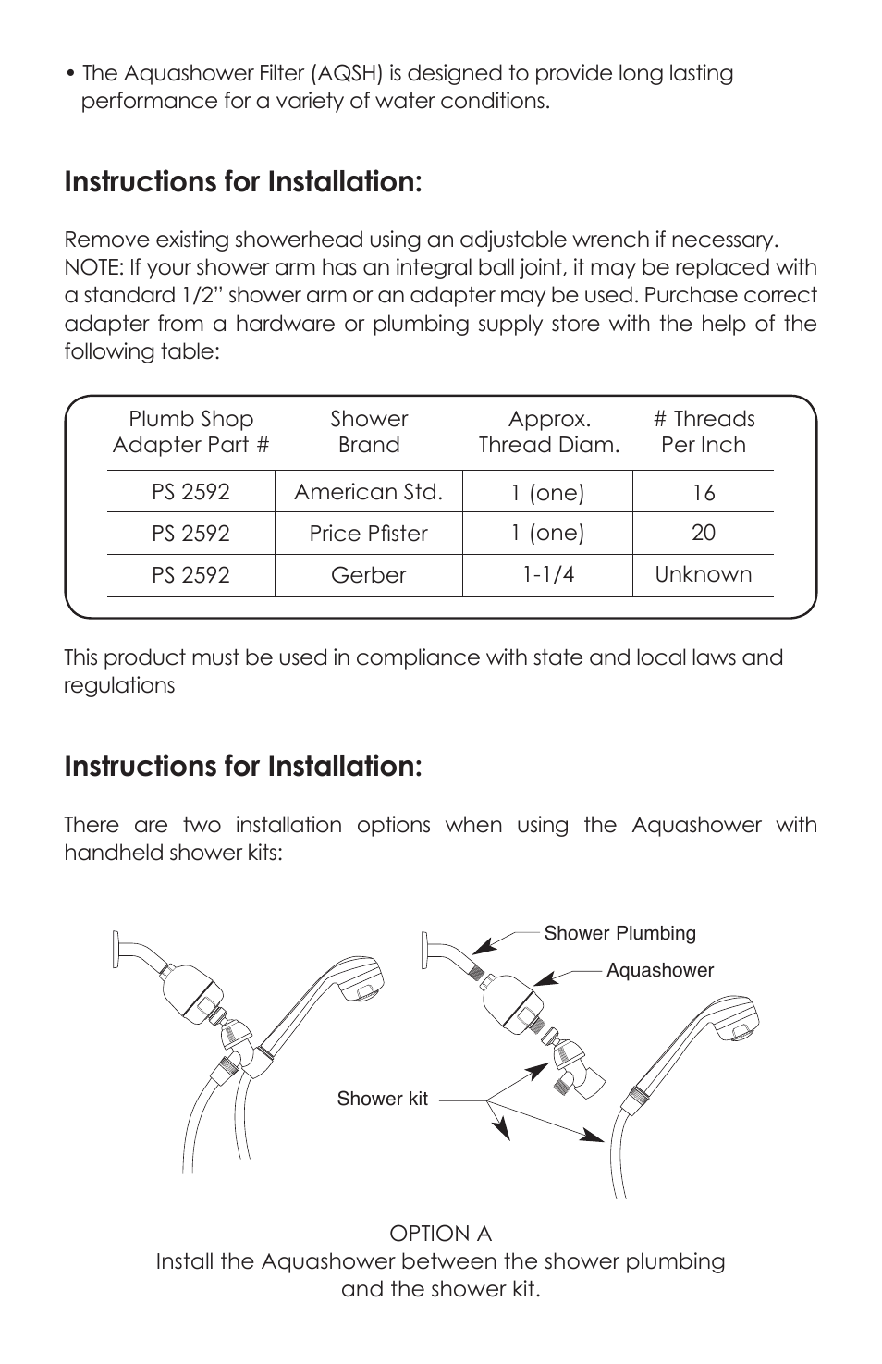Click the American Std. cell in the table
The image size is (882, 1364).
pyautogui.click(x=368, y=492)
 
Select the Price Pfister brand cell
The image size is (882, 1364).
pyautogui.click(x=368, y=534)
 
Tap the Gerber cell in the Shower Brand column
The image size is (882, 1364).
pyautogui.click(x=368, y=575)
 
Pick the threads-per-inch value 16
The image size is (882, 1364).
pyautogui.click(x=703, y=493)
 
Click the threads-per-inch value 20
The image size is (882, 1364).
pyautogui.click(x=703, y=533)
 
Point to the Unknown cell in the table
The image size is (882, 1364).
pyautogui.click(x=703, y=574)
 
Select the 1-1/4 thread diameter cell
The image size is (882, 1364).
pyautogui.click(x=547, y=574)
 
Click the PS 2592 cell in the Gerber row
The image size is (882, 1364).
pyautogui.click(x=190, y=575)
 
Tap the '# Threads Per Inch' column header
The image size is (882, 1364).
pyautogui.click(x=703, y=432)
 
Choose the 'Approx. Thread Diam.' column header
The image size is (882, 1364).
pyautogui.click(x=548, y=432)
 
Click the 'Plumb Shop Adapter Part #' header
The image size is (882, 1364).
pyautogui.click(x=190, y=432)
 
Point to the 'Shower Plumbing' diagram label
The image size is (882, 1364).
pyautogui.click(x=619, y=933)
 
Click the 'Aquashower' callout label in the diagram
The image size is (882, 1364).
pyautogui.click(x=660, y=970)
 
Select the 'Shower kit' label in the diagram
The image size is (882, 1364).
pyautogui.click(x=382, y=1099)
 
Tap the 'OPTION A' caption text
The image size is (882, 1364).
pyautogui.click(x=440, y=1234)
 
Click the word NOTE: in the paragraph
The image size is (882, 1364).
pyautogui.click(x=92, y=268)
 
